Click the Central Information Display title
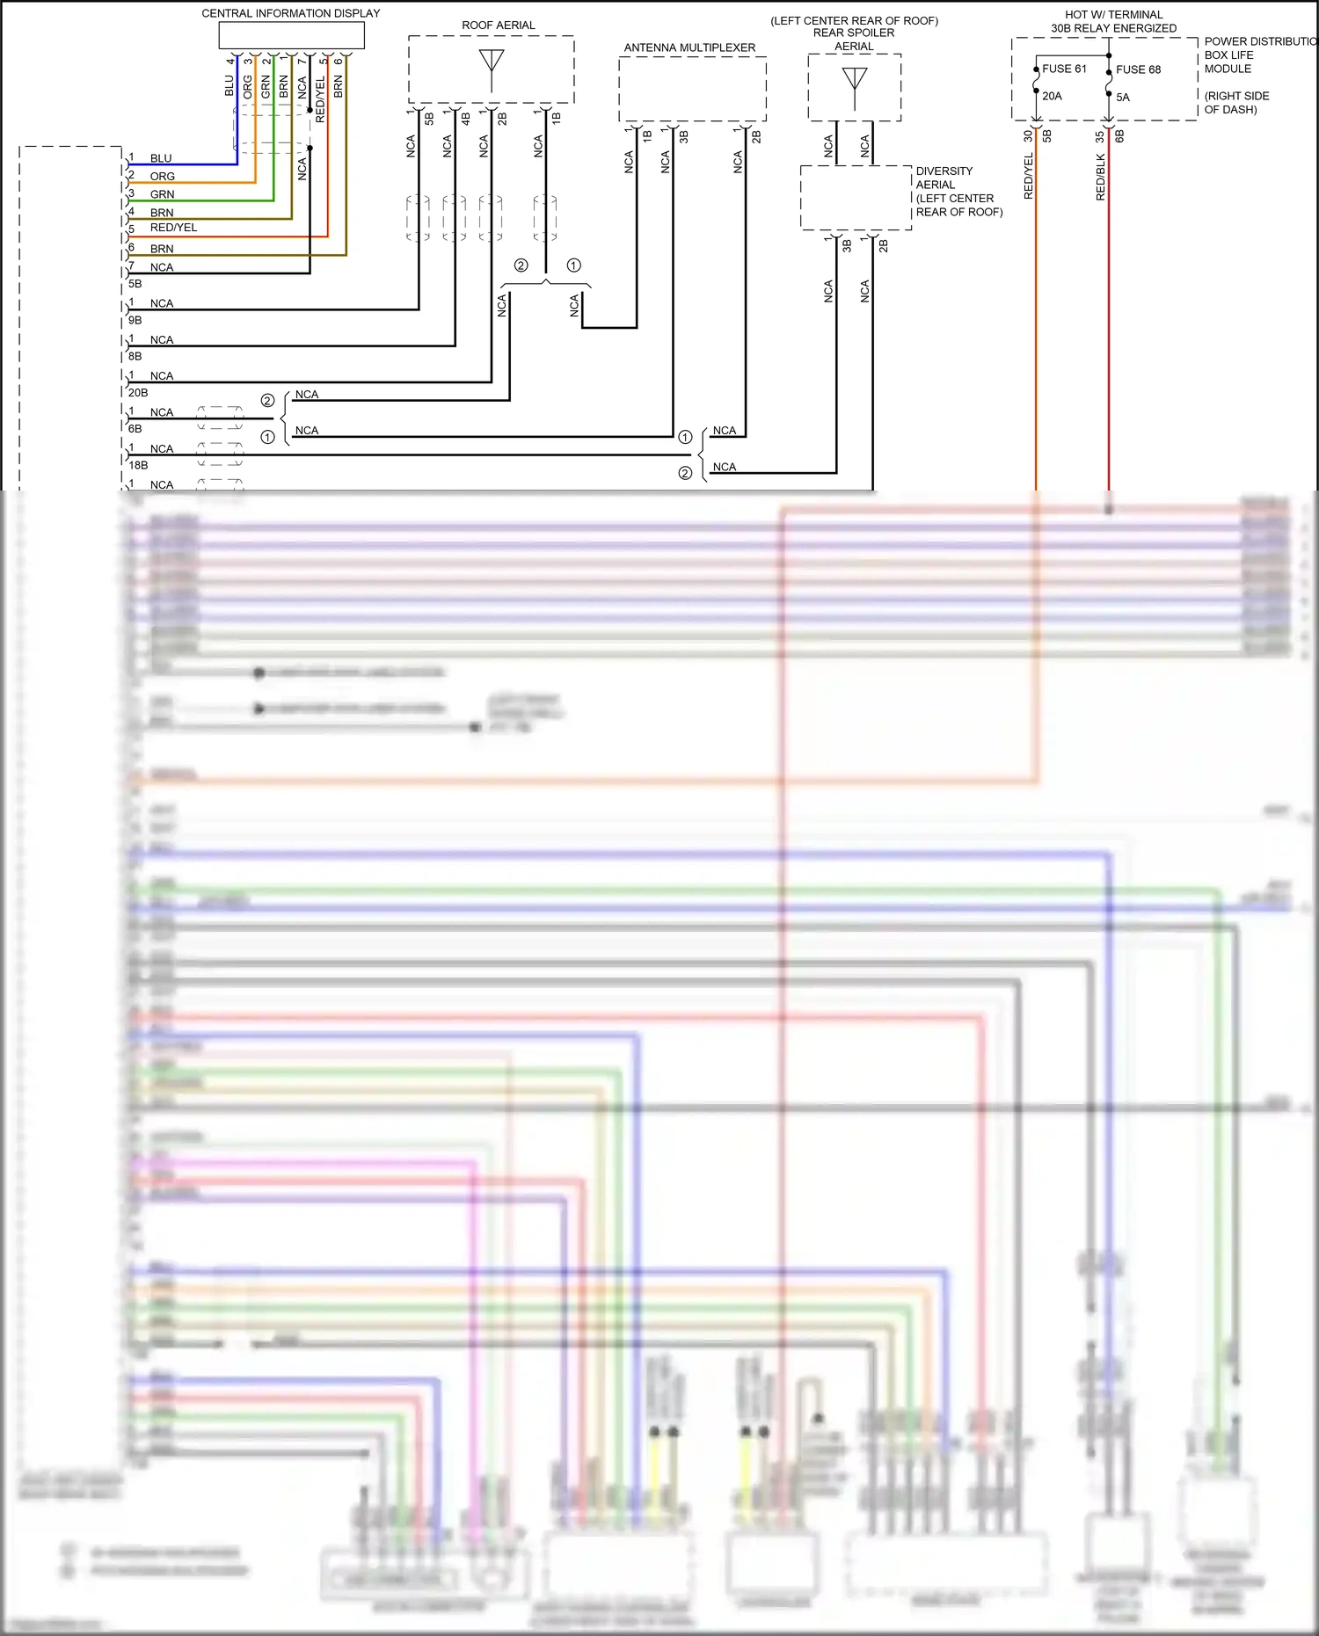pyautogui.click(x=291, y=13)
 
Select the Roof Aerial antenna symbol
pyautogui.click(x=492, y=63)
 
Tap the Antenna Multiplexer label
pyautogui.click(x=689, y=47)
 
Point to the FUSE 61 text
pyautogui.click(x=1064, y=69)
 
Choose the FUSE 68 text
pyautogui.click(x=1138, y=69)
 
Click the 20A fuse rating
pyautogui.click(x=1052, y=96)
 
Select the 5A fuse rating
pyautogui.click(x=1123, y=98)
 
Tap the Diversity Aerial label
pyautogui.click(x=944, y=178)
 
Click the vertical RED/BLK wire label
pyautogui.click(x=1100, y=177)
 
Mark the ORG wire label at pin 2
pyautogui.click(x=162, y=177)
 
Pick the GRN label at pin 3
pyautogui.click(x=162, y=194)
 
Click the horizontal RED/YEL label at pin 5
pyautogui.click(x=173, y=228)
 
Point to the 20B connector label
pyautogui.click(x=138, y=393)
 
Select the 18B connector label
pyautogui.click(x=138, y=465)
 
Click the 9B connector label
pyautogui.click(x=135, y=321)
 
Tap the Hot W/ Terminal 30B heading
pyautogui.click(x=1113, y=21)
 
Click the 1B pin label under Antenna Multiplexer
pyautogui.click(x=646, y=136)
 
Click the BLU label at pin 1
pyautogui.click(x=161, y=158)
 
